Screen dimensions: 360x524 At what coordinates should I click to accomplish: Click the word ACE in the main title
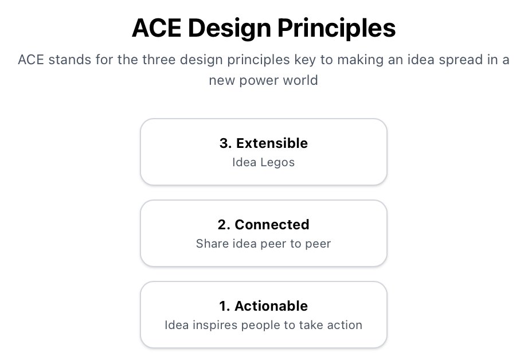point(155,28)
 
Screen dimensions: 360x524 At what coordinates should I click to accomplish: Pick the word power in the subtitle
point(260,80)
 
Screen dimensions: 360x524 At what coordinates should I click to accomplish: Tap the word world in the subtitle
point(299,80)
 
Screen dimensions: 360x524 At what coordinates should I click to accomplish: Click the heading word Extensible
point(272,143)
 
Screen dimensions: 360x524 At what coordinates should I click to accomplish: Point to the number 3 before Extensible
point(224,143)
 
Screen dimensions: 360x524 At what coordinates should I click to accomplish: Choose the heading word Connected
point(272,225)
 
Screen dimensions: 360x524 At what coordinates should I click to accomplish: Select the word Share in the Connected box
point(212,244)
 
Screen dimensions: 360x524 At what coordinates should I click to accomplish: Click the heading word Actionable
point(271,306)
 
